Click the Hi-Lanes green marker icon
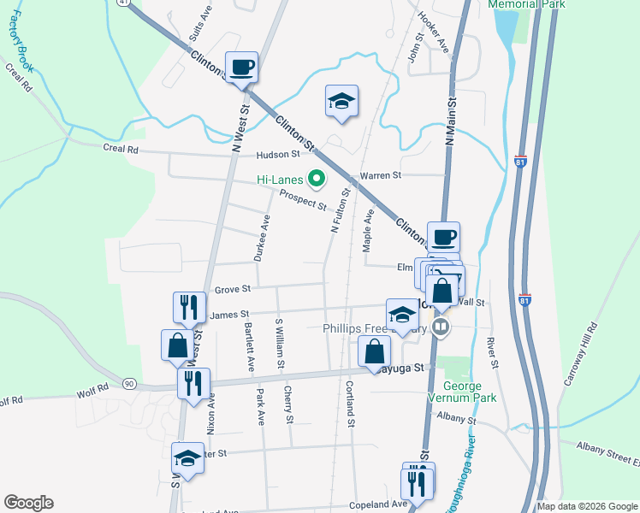pyautogui.click(x=317, y=180)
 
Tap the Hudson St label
pyautogui.click(x=278, y=155)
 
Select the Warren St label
pyautogui.click(x=380, y=176)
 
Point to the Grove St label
pyautogui.click(x=232, y=290)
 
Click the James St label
pyautogui.click(x=228, y=315)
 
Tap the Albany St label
pyautogui.click(x=454, y=418)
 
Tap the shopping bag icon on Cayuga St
pyautogui.click(x=374, y=351)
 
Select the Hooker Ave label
pyautogui.click(x=433, y=32)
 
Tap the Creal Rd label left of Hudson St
pyautogui.click(x=121, y=149)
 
